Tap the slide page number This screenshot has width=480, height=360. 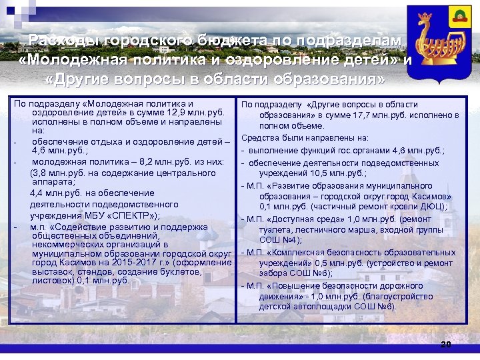(x=445, y=344)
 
